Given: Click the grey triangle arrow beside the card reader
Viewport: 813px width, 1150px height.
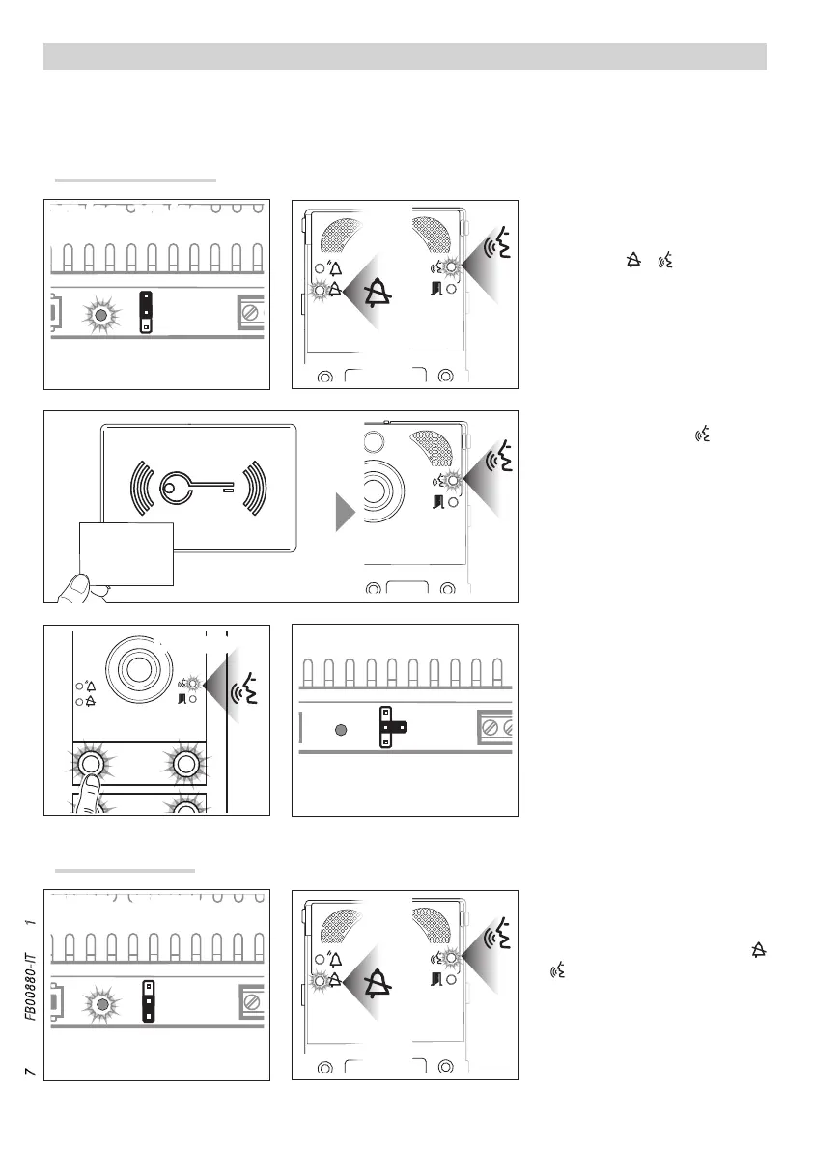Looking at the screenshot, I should click(x=346, y=512).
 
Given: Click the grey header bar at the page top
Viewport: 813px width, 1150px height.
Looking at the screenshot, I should click(x=405, y=57).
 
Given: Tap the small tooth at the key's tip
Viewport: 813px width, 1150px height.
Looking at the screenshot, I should click(x=227, y=491).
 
